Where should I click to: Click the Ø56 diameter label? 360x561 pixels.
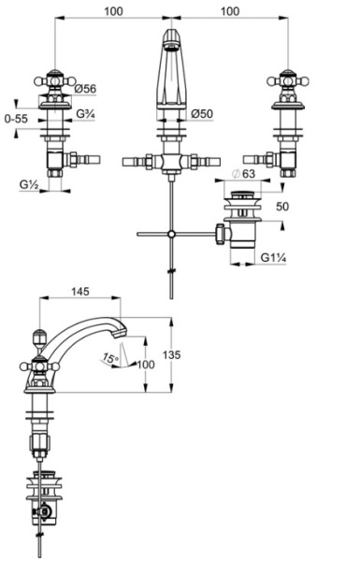click(x=85, y=89)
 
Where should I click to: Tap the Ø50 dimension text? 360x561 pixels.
click(x=202, y=114)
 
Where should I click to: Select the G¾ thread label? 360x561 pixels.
click(x=85, y=114)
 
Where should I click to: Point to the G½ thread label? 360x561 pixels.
click(x=29, y=184)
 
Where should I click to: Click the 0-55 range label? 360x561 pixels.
click(x=16, y=119)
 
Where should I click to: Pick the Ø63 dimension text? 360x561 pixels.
click(x=244, y=174)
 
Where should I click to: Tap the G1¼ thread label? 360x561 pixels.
click(x=273, y=258)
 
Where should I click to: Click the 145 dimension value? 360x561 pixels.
click(x=80, y=292)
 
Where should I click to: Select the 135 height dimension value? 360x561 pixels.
click(x=172, y=355)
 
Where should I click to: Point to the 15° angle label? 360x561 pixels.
click(x=110, y=357)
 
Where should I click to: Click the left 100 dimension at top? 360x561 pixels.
click(x=113, y=11)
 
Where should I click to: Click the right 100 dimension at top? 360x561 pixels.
click(x=230, y=11)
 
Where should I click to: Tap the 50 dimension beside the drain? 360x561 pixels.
click(x=282, y=207)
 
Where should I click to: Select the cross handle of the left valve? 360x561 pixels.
click(x=55, y=81)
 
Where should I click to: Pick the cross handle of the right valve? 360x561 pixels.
click(x=288, y=81)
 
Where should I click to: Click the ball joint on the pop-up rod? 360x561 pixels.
click(x=172, y=235)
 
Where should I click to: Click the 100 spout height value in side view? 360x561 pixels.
click(x=146, y=365)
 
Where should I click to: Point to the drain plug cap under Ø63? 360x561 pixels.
click(x=242, y=195)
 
